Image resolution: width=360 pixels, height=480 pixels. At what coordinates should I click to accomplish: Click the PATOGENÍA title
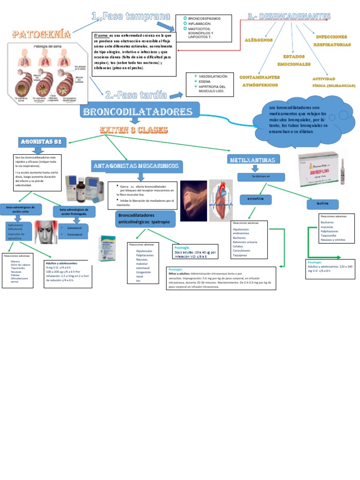(x=42, y=35)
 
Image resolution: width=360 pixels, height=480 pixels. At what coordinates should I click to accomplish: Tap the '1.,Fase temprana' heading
(x=131, y=17)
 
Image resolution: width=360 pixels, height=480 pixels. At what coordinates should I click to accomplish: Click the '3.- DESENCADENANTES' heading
(x=289, y=17)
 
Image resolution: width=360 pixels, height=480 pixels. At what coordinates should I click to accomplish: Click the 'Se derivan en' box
(x=262, y=177)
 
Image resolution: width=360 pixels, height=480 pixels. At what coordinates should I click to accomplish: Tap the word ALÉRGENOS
(x=258, y=40)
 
